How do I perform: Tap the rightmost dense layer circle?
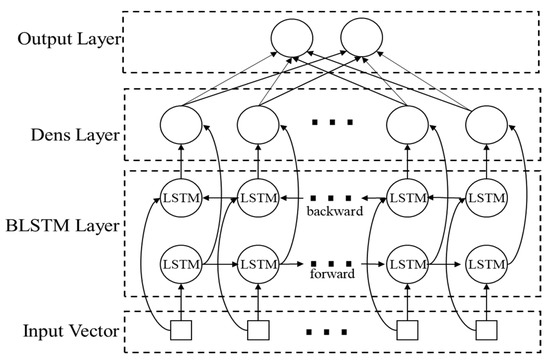click(485, 126)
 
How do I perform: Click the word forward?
click(329, 279)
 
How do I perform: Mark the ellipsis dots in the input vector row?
click(330, 329)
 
